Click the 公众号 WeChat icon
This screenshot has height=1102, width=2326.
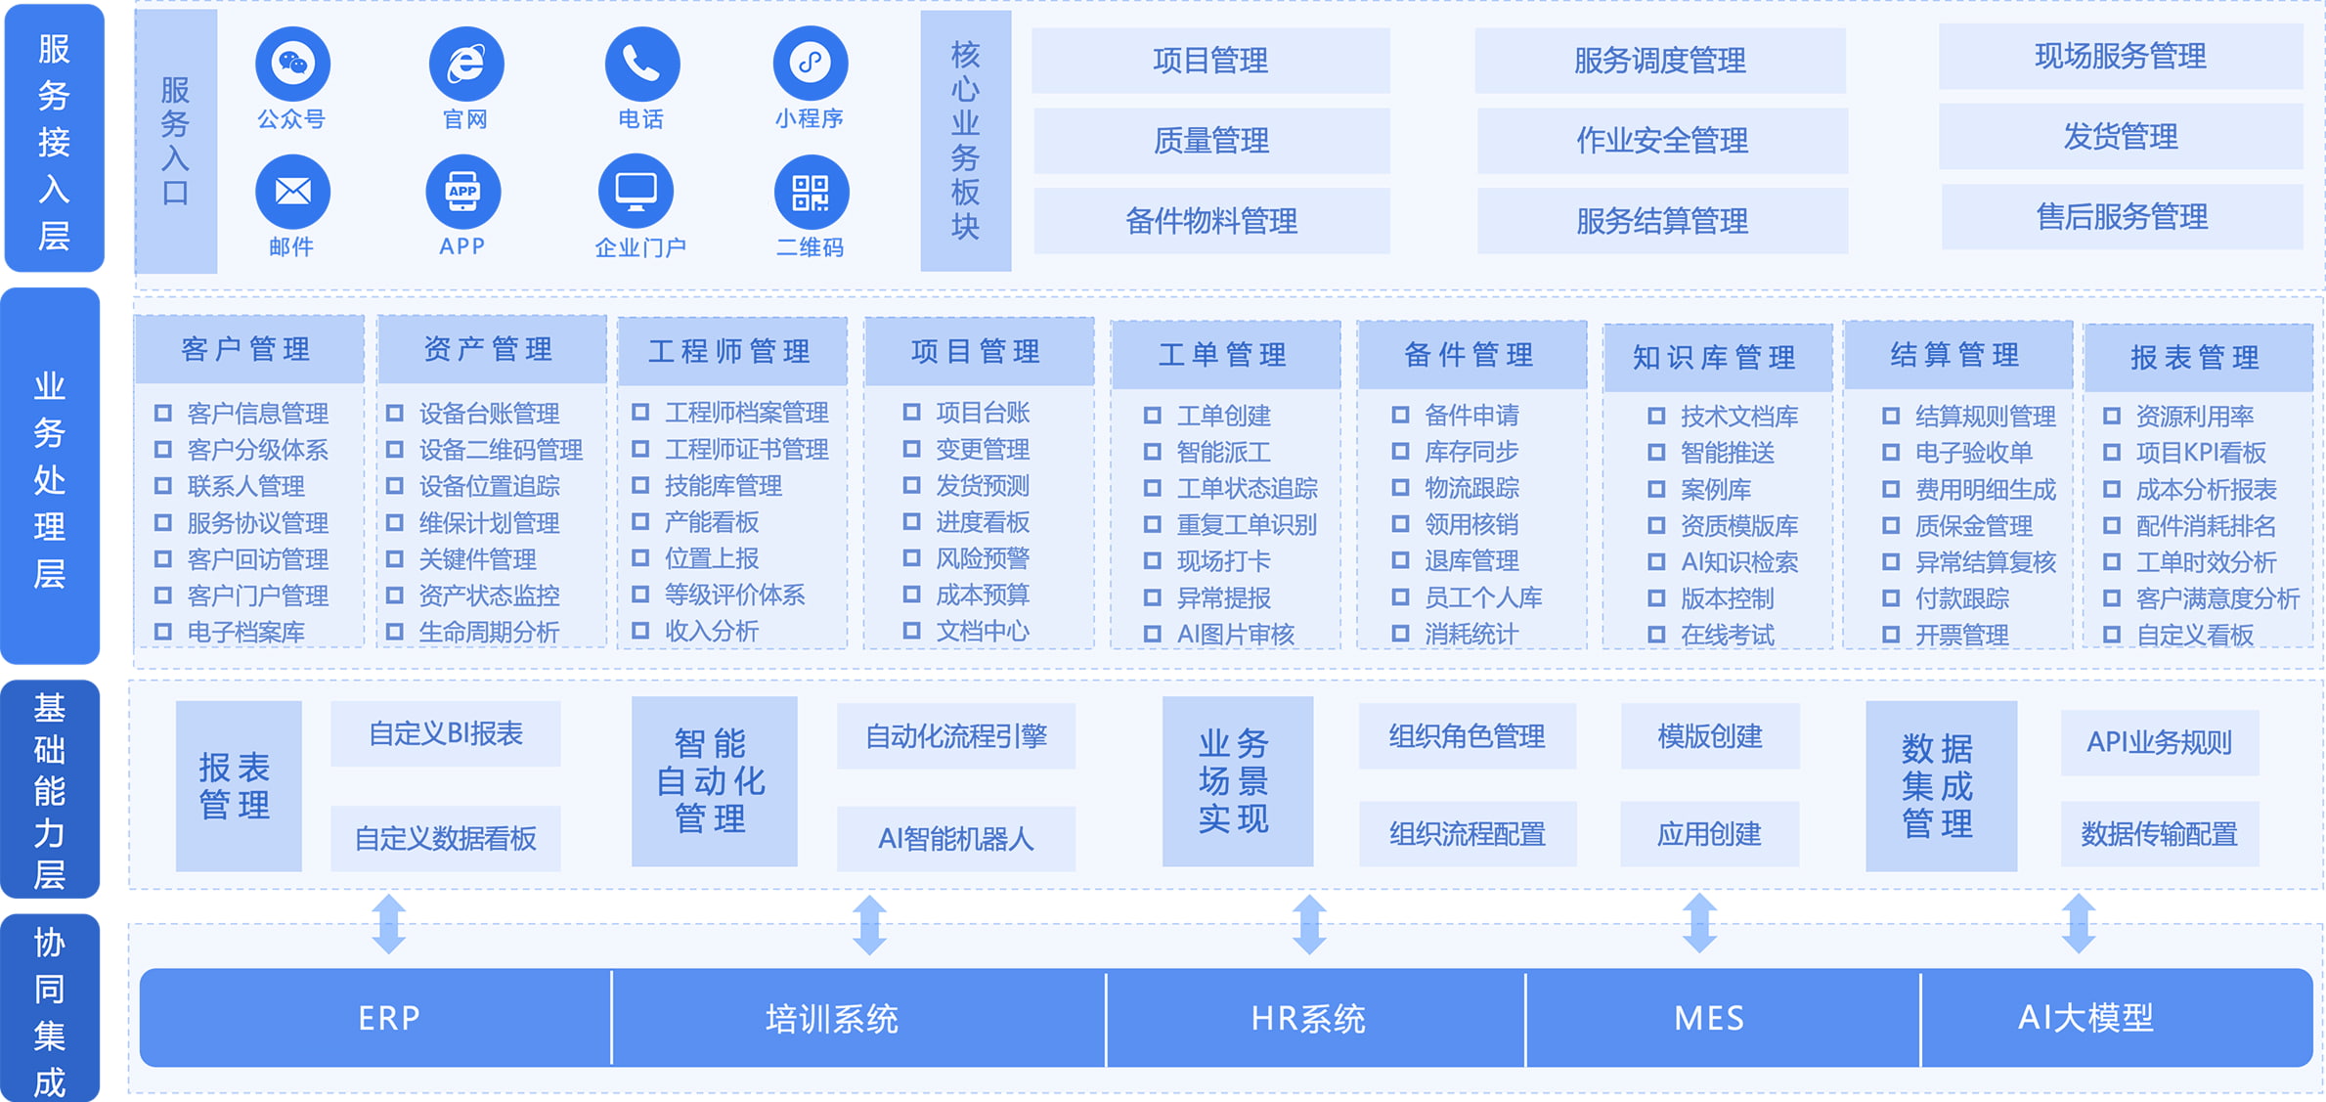(x=292, y=65)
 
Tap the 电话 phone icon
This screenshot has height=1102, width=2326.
(x=641, y=65)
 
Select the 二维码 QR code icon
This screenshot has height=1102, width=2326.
(x=811, y=193)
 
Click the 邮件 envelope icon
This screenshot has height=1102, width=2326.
(x=292, y=193)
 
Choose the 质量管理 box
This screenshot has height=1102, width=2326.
(x=1210, y=141)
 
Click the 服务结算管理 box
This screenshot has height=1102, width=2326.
(x=1661, y=221)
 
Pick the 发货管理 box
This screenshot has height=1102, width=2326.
(x=2120, y=137)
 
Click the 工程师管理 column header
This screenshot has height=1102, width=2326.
(x=730, y=351)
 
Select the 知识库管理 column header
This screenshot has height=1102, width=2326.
(x=1715, y=358)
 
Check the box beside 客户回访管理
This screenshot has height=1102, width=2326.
(x=163, y=559)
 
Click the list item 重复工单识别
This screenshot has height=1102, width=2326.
(x=1247, y=525)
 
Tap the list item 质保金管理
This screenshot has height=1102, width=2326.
(x=1973, y=526)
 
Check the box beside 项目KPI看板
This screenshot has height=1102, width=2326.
(x=2112, y=453)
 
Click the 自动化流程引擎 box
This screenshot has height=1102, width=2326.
(x=955, y=736)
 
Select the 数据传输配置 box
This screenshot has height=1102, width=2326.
(x=2159, y=834)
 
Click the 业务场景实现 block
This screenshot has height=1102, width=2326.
(x=1236, y=781)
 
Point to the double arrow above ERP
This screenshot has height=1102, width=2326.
(x=389, y=924)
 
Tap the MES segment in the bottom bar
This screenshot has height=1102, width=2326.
(x=1709, y=1018)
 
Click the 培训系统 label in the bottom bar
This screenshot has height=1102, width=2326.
(x=831, y=1019)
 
